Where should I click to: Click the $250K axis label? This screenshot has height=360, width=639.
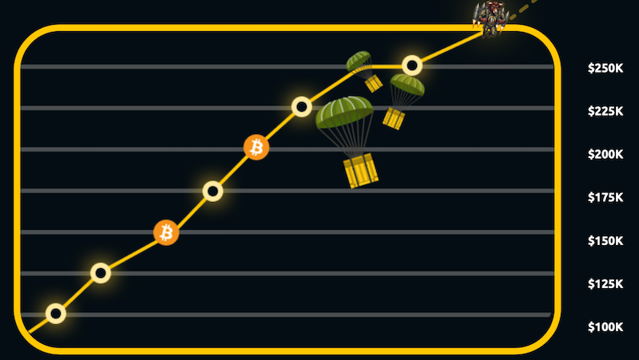coord(605,68)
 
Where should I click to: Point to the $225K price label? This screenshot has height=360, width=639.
coord(605,111)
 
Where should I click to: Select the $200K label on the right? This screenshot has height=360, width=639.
coord(605,154)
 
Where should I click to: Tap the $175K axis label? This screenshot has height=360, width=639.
coord(605,197)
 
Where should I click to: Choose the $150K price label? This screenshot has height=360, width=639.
coord(605,241)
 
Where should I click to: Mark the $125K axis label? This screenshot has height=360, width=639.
coord(605,284)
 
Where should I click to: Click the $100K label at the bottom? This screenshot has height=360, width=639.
coord(605,326)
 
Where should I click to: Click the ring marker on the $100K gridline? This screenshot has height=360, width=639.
coord(56,314)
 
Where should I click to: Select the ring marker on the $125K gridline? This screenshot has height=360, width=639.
coord(101,273)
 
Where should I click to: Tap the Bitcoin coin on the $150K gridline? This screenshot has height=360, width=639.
coord(166,232)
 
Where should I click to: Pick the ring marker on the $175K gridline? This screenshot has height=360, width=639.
coord(212,191)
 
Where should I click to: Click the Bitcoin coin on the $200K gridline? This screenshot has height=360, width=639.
coord(256,147)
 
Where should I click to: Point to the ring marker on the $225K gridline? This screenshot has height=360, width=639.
coord(302,107)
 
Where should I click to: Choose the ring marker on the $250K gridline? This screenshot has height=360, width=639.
coord(412,65)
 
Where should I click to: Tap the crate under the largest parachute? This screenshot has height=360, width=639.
coord(361,170)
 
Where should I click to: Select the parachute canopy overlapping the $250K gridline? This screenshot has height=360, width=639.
coord(359,61)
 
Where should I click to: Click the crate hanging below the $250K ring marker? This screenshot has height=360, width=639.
coord(394,118)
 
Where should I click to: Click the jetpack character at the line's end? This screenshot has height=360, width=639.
coord(490,18)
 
